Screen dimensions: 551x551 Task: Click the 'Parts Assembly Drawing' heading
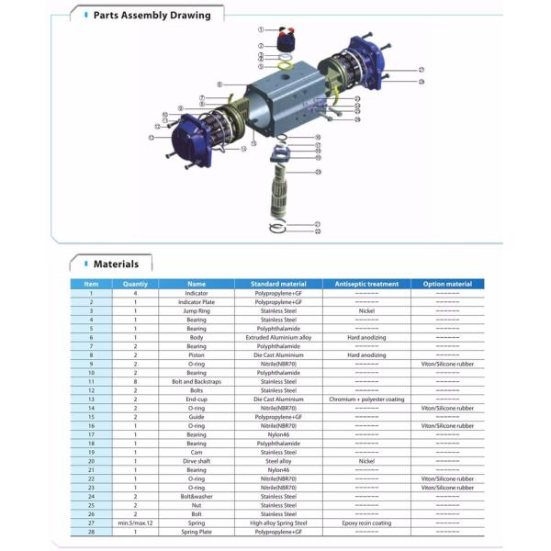(x=152, y=15)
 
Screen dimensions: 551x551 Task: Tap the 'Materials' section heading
(x=116, y=264)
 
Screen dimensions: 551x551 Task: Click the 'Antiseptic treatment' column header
(x=366, y=284)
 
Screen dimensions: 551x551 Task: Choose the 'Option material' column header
(x=447, y=284)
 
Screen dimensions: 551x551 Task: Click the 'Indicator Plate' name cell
(x=197, y=301)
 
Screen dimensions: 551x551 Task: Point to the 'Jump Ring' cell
(x=197, y=310)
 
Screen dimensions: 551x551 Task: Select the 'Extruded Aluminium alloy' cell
(x=277, y=337)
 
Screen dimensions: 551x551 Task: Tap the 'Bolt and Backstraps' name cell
(x=197, y=381)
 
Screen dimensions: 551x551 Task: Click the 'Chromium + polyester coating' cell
(x=366, y=399)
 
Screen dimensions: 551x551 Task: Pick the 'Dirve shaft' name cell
(x=197, y=461)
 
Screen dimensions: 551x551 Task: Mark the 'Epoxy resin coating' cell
(x=366, y=523)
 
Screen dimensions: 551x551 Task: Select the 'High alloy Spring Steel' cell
(x=277, y=523)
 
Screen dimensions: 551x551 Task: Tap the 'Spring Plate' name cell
(x=197, y=532)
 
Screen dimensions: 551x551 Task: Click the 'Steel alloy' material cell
(x=277, y=461)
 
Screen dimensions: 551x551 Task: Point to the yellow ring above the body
(x=286, y=66)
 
